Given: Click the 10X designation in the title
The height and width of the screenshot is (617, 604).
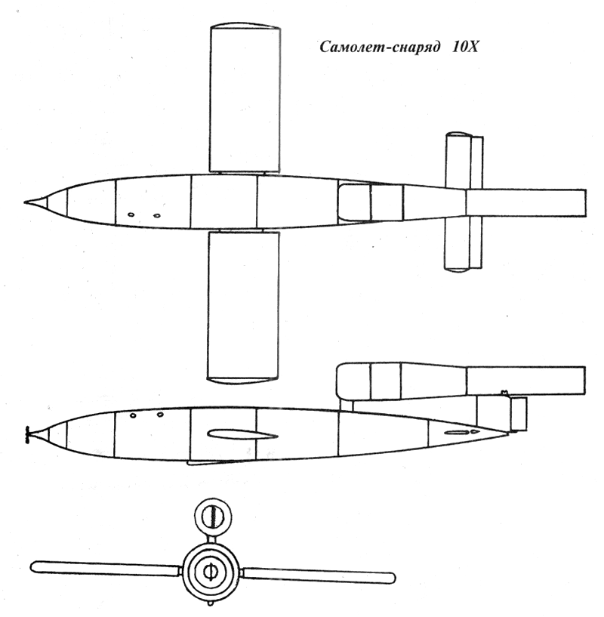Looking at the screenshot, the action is (x=465, y=47).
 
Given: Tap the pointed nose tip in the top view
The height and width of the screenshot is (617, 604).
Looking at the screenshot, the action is (x=25, y=202).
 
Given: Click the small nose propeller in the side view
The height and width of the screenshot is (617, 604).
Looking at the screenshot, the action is (x=27, y=434).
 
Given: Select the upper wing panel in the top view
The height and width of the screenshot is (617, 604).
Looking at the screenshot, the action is (x=245, y=98).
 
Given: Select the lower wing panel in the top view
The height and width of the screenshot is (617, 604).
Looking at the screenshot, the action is (x=243, y=307).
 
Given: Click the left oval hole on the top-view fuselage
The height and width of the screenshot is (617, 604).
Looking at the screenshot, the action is (x=131, y=214).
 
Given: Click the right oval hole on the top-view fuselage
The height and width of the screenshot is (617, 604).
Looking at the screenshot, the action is (x=156, y=216).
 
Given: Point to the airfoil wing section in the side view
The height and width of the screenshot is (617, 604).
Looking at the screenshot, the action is (x=242, y=434).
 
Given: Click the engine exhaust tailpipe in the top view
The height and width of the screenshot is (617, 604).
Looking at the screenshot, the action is (x=525, y=203).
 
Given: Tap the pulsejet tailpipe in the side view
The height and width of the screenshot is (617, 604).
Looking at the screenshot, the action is (x=525, y=381).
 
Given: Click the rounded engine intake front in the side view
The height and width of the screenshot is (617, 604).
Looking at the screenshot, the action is (x=347, y=378).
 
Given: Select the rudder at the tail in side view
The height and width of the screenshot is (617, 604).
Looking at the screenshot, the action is (x=518, y=414).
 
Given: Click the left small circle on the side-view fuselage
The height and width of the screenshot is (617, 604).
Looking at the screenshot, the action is (x=133, y=415).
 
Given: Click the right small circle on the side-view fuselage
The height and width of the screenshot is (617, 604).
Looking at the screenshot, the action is (x=160, y=415).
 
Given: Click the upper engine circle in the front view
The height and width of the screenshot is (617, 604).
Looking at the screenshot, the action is (x=213, y=516).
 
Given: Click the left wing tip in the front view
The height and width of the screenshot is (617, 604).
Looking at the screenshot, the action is (x=33, y=567).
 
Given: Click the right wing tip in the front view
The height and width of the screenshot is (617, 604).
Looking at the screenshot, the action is (x=393, y=578).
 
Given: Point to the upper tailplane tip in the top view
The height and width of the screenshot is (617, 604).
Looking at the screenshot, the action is (x=459, y=134).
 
